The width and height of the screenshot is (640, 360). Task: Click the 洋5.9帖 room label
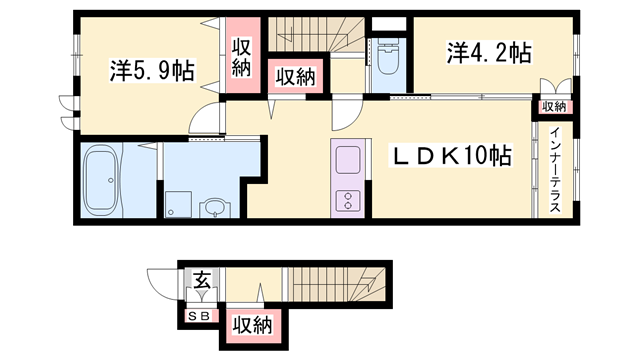click(151, 71)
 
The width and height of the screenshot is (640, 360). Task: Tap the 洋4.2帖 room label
click(489, 53)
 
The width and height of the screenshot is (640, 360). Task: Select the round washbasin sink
click(213, 206)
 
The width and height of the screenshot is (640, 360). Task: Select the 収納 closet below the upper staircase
click(292, 77)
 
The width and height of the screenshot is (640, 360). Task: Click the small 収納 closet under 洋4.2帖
click(553, 106)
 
